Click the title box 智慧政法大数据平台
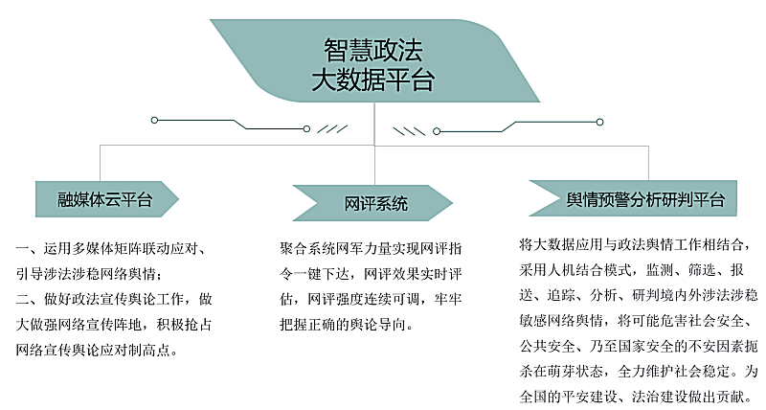(x=374, y=60)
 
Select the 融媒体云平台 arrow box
(x=107, y=199)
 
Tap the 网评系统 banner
(x=372, y=203)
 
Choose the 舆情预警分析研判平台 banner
(x=633, y=198)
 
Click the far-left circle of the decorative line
(x=154, y=120)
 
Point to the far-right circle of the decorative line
(x=600, y=122)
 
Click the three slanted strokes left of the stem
(x=332, y=129)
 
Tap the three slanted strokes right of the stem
(x=410, y=131)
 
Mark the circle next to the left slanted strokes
(x=306, y=129)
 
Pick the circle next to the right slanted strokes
(x=437, y=131)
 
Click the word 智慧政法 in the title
(x=373, y=50)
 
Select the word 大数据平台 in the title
(x=373, y=80)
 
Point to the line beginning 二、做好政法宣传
(x=114, y=299)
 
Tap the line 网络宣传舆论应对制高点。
(x=97, y=350)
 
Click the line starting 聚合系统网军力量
(x=371, y=249)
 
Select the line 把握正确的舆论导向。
(x=347, y=325)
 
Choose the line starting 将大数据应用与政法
(x=635, y=244)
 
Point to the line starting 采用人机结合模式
(x=632, y=270)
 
